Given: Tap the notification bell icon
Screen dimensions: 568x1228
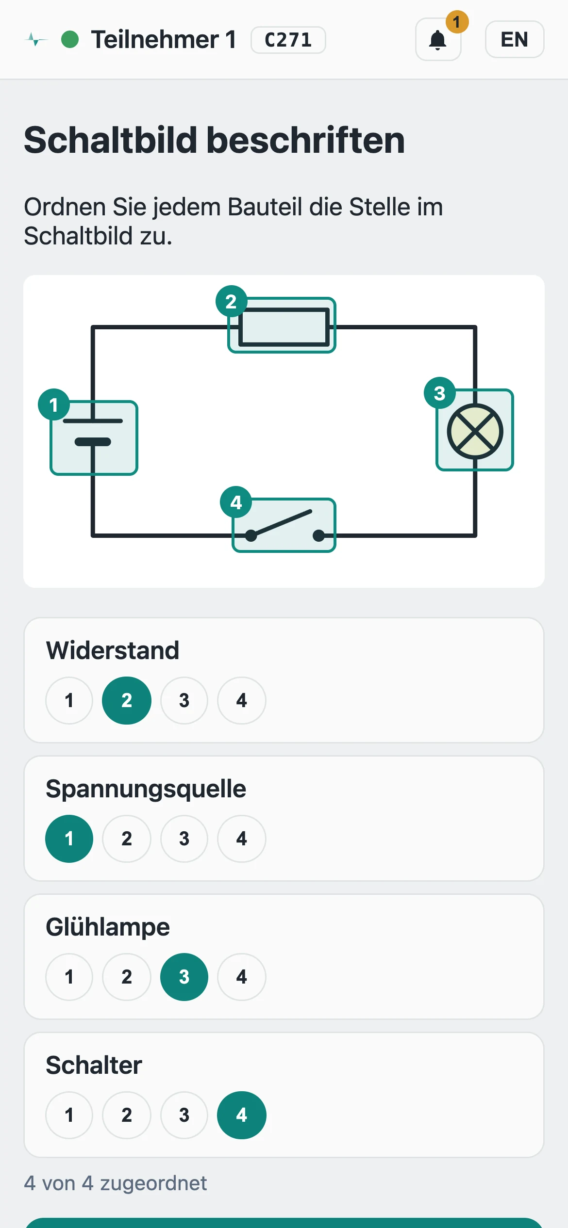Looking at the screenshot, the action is point(438,40).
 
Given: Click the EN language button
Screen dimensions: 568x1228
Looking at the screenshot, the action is point(515,39).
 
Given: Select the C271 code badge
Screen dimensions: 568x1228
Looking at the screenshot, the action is point(288,40).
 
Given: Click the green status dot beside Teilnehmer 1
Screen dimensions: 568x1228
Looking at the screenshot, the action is point(70,39).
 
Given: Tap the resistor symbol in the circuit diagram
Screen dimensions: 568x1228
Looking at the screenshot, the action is point(284,327).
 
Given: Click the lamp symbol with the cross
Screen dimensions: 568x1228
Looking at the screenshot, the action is point(475,432).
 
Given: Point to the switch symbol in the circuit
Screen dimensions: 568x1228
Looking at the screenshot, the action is point(284,526).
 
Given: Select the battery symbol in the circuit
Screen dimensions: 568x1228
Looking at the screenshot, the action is point(93,432).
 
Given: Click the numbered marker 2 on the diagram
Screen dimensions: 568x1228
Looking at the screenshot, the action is point(232,301).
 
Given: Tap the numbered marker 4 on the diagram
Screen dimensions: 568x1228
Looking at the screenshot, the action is point(236,502).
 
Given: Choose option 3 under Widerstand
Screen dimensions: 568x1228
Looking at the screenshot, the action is point(184,700).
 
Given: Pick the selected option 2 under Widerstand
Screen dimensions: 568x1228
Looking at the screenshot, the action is point(127,700).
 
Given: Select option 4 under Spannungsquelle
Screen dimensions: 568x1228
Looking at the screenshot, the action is point(242,839).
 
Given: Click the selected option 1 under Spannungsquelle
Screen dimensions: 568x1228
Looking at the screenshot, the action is point(69,839).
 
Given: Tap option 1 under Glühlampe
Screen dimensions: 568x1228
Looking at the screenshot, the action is point(69,977).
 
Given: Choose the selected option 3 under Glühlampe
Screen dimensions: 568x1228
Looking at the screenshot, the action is point(184,977).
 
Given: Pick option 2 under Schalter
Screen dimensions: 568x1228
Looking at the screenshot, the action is point(127,1115).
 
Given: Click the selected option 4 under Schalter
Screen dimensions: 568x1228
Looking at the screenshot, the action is point(242,1115).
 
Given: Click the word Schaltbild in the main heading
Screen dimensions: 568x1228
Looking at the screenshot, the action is point(111,140).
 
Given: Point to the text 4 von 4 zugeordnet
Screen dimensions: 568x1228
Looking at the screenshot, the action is point(116,1183).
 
